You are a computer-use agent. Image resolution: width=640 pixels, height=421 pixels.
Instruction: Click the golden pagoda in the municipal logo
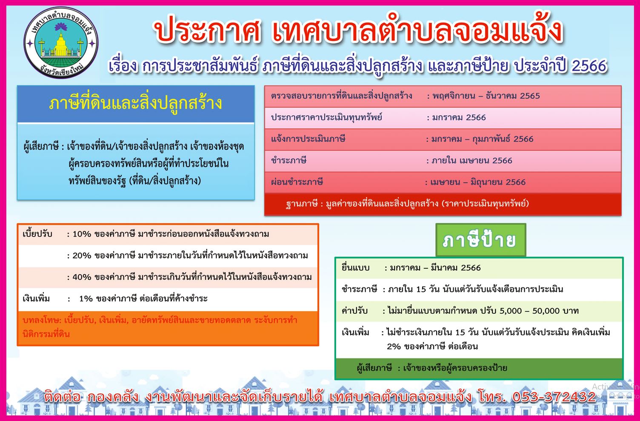(61, 45)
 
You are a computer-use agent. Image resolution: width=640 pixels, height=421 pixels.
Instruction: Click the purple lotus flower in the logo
(61, 27)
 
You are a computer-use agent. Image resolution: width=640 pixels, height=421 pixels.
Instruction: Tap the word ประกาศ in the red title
(207, 31)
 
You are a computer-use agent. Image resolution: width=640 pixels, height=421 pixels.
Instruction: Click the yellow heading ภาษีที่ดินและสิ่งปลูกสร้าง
(135, 103)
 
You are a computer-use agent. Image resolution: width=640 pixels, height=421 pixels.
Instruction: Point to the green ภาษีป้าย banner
(480, 240)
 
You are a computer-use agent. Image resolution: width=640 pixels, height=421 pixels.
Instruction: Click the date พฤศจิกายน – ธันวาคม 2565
(486, 96)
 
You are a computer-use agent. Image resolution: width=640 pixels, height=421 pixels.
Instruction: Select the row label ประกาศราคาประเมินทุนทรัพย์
(326, 117)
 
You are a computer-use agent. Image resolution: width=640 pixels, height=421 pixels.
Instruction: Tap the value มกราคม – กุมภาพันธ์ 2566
(482, 139)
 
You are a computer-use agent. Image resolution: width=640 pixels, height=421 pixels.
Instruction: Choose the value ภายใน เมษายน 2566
(472, 160)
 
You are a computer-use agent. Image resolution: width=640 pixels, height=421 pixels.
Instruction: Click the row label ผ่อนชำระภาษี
(297, 182)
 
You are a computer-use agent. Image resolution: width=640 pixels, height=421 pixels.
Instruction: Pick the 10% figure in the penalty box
(81, 234)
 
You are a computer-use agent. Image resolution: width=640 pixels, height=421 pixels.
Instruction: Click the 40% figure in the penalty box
(81, 277)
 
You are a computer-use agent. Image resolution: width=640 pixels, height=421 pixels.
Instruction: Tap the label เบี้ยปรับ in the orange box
(37, 234)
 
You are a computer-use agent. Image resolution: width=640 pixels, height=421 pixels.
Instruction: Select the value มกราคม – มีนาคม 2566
(435, 268)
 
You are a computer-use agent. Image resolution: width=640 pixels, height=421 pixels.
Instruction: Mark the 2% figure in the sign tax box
(394, 347)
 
